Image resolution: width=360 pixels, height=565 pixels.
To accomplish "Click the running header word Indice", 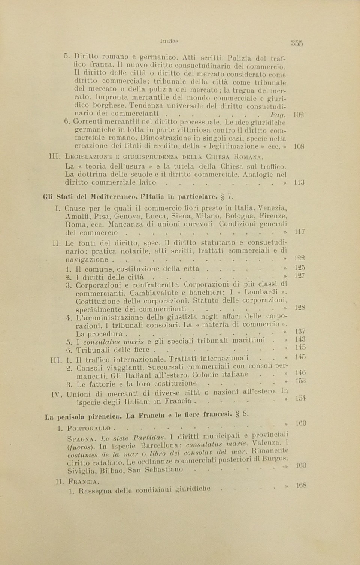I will pos(169,41).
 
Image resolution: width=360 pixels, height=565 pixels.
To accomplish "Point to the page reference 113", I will pos(299,183).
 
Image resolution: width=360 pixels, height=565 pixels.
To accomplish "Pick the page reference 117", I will pos(300,232).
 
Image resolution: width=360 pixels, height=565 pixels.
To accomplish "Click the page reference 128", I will pos(300,308).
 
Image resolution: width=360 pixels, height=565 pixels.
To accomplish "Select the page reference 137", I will pos(300,331).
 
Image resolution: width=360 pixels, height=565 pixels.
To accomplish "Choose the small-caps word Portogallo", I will pos(89,428).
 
